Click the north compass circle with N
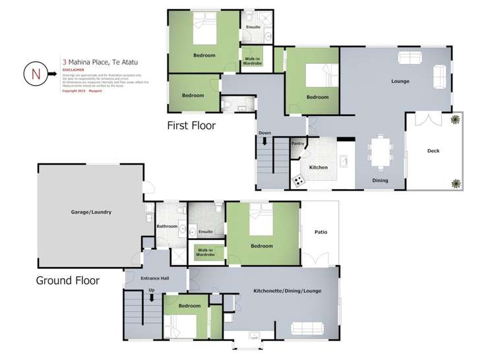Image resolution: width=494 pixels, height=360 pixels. (35, 73)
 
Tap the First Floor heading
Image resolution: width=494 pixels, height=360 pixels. (191, 125)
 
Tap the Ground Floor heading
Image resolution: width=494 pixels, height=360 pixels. (67, 280)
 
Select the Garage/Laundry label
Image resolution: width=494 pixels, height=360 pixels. (91, 212)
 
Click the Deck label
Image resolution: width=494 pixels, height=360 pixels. (433, 151)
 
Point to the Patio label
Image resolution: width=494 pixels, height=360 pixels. (321, 232)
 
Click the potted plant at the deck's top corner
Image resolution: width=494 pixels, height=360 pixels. (455, 119)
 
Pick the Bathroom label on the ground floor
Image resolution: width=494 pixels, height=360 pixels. (166, 226)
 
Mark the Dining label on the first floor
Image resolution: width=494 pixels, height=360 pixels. (380, 181)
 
